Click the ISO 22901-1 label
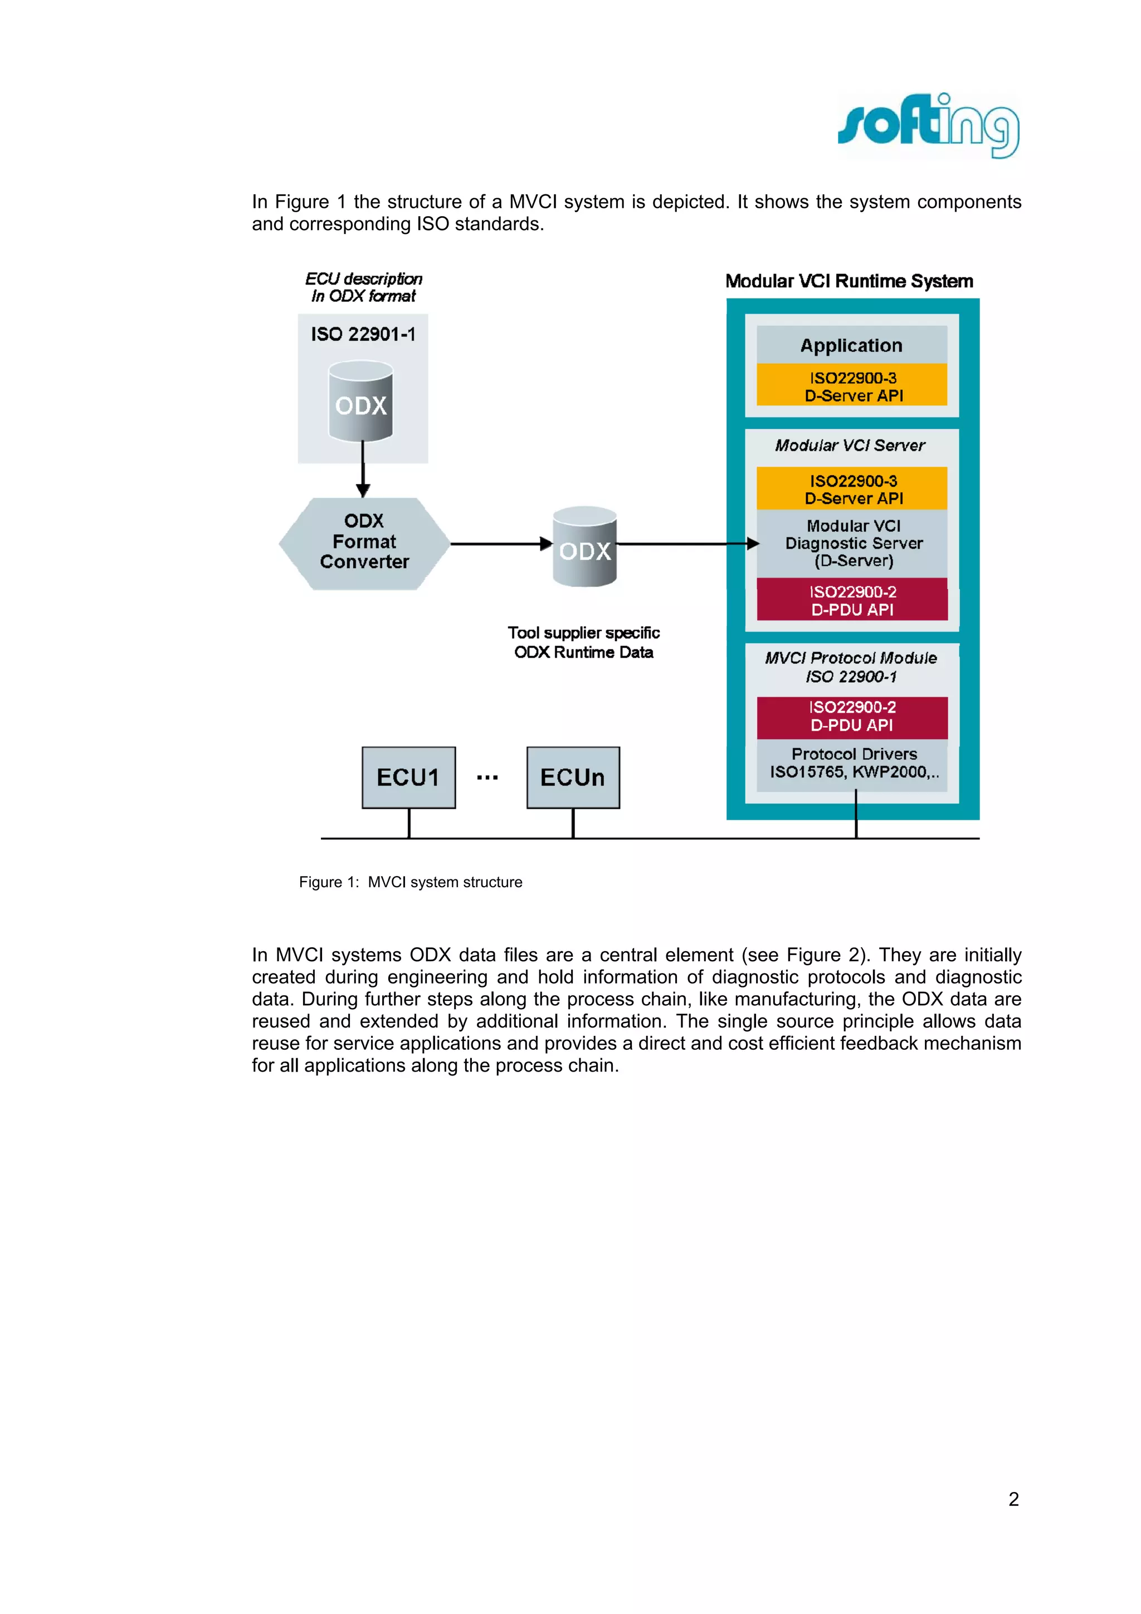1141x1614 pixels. click(363, 334)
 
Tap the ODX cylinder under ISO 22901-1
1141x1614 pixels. click(360, 402)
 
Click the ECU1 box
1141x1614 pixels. click(408, 777)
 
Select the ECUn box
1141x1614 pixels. click(572, 777)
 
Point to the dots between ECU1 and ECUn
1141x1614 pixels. click(487, 777)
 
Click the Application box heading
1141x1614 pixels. click(851, 345)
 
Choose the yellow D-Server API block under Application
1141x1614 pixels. click(851, 385)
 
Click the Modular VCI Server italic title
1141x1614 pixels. click(850, 445)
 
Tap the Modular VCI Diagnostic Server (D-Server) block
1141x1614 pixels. click(853, 544)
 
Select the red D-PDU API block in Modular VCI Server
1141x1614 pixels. click(851, 600)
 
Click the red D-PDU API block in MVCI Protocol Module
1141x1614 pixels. click(851, 716)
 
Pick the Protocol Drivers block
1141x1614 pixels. click(853, 762)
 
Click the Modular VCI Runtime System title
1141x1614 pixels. click(849, 281)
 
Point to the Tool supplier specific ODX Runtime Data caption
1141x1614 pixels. click(583, 643)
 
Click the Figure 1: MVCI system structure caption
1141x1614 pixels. click(411, 882)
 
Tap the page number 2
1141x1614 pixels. click(1013, 1499)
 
